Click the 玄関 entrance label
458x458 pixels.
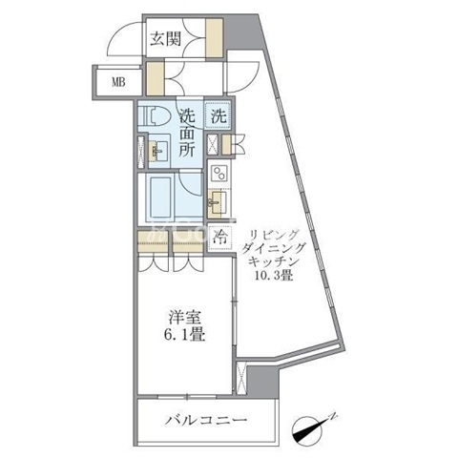166,39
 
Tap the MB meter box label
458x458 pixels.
118,82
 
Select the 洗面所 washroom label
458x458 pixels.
187,133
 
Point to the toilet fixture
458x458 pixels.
155,115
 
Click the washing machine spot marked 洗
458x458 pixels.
219,116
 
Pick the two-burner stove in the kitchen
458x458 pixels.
219,174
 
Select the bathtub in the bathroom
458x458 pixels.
160,197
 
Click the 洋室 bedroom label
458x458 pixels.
184,318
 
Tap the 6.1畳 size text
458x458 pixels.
184,335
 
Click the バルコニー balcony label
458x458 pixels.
206,420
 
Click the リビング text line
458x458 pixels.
274,236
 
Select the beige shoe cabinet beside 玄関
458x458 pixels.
214,38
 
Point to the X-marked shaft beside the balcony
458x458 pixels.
241,378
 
